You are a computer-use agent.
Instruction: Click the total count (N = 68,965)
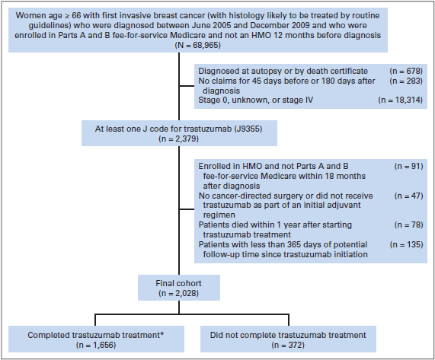coord(198,45)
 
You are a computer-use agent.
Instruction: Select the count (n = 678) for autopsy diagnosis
coord(406,71)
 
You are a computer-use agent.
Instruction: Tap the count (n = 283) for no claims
coord(406,81)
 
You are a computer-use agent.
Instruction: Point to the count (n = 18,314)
coord(401,100)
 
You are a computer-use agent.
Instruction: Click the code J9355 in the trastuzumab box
coord(248,129)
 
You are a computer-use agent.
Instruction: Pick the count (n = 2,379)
coord(179,139)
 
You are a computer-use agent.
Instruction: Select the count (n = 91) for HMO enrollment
coord(409,166)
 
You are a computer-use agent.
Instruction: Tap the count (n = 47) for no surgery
coord(409,196)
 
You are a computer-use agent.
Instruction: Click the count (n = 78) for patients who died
coord(409,225)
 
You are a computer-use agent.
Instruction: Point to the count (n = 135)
coord(406,245)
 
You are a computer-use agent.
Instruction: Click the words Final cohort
coord(178,283)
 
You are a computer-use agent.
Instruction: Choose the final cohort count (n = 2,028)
coord(179,293)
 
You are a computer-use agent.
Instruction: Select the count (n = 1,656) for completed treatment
coord(96,345)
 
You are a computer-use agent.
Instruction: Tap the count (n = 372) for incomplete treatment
coord(288,345)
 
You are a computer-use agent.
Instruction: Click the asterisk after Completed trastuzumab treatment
coord(162,333)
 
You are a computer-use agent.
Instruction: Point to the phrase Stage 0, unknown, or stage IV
coord(255,100)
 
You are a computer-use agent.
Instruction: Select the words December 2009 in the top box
coord(280,25)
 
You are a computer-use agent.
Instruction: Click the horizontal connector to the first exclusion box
coord(187,86)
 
